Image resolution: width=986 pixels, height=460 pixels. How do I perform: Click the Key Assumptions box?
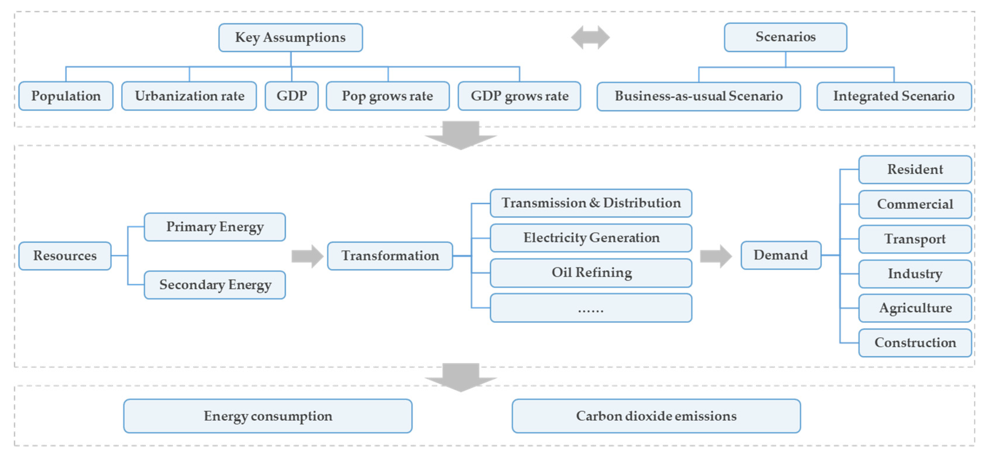click(x=290, y=38)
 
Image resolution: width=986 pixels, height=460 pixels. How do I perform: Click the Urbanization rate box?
click(x=189, y=96)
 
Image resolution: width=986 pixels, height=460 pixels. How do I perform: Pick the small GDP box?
click(x=292, y=96)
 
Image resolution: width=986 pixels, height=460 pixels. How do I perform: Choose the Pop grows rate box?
click(x=387, y=96)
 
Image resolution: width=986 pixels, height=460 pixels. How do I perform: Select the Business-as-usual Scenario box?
click(x=698, y=96)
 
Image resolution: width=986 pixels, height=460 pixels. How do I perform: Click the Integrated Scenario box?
click(x=893, y=96)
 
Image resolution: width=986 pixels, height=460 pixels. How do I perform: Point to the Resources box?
click(x=65, y=256)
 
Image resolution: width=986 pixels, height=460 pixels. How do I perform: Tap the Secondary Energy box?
click(x=215, y=285)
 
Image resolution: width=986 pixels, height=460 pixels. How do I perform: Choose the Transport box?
click(x=914, y=239)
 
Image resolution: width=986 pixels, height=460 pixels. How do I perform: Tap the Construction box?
click(x=914, y=342)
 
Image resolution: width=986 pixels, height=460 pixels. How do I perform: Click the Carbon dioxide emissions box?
click(x=656, y=416)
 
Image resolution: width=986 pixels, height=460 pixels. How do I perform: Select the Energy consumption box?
click(x=268, y=416)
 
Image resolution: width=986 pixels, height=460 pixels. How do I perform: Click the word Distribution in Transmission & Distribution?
click(x=642, y=203)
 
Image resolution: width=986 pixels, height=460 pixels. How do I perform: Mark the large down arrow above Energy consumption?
click(x=460, y=377)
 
